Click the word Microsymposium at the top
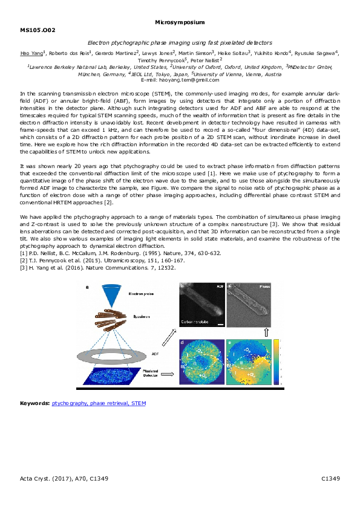tap(180, 22)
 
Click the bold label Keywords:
tap(34, 403)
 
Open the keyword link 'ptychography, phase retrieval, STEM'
tap(99, 403)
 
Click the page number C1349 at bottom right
tap(330, 479)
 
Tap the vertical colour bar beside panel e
tap(278, 362)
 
